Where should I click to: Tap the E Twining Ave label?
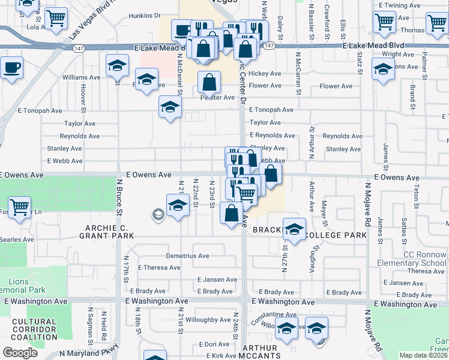pyautogui.click(x=400, y=5)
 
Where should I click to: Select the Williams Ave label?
pyautogui.click(x=81, y=77)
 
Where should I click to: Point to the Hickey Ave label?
pyautogui.click(x=265, y=74)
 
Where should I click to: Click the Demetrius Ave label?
pyautogui.click(x=187, y=256)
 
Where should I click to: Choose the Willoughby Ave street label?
pyautogui.click(x=208, y=320)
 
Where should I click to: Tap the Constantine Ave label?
pyautogui.click(x=274, y=314)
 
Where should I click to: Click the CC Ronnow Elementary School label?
pyautogui.click(x=411, y=259)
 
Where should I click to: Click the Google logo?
pyautogui.click(x=20, y=353)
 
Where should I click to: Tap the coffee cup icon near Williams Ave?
pyautogui.click(x=12, y=67)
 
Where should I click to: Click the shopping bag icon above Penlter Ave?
pyautogui.click(x=209, y=82)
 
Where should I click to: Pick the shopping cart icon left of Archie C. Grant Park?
pyautogui.click(x=20, y=208)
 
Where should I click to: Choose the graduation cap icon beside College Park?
pyautogui.click(x=294, y=229)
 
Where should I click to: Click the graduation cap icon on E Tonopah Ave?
pyautogui.click(x=170, y=108)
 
